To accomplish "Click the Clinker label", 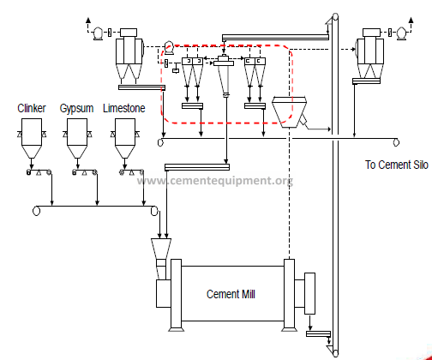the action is click(32, 108).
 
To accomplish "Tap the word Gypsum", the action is click(76, 109).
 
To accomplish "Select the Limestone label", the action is click(124, 108).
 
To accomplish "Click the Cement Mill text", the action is click(231, 294).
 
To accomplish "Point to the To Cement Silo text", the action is click(397, 165).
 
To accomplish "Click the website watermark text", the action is click(214, 181).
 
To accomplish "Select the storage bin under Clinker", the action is click(32, 139).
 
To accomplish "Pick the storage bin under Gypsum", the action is click(77, 139).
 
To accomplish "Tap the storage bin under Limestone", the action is click(125, 139).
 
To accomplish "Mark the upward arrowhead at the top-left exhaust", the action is click(88, 20).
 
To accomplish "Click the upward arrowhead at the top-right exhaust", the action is click(411, 20).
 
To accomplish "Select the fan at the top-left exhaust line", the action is click(98, 33).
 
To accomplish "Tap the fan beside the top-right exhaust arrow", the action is click(401, 33).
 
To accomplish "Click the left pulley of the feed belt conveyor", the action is click(36, 211).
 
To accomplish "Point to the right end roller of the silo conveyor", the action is click(396, 142).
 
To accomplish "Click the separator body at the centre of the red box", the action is click(224, 75).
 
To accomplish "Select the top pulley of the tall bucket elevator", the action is click(335, 17).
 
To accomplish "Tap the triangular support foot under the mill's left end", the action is click(176, 329).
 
